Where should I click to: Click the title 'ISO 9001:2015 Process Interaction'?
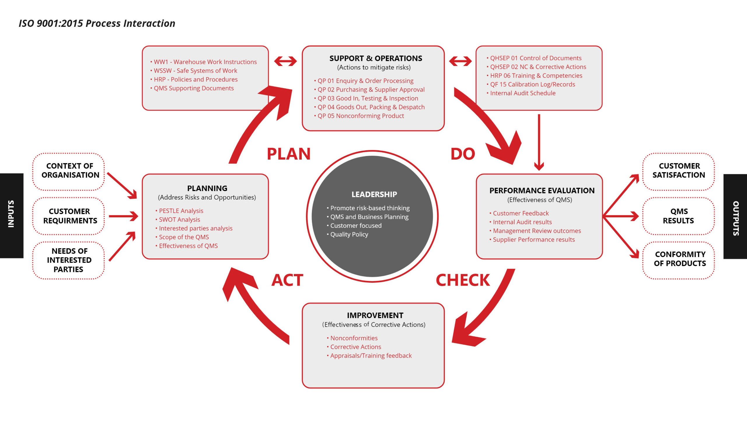[x=97, y=23]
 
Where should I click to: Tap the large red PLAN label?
[x=289, y=154]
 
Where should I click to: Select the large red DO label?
[x=462, y=154]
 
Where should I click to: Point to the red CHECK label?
[x=462, y=280]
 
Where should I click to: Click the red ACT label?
[x=287, y=280]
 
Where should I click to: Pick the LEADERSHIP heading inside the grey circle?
[x=374, y=194]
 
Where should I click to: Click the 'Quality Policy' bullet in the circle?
[x=349, y=234]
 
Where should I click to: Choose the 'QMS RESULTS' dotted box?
[x=678, y=216]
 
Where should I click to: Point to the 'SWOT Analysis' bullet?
[x=179, y=219]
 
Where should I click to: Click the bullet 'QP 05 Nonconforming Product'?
[x=361, y=116]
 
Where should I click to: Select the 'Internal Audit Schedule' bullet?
[x=523, y=93]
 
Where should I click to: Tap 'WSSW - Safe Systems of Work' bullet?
[x=195, y=71]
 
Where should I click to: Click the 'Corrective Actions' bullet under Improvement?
[x=355, y=347]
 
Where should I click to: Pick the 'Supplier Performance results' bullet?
[x=534, y=240]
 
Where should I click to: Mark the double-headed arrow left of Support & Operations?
[x=285, y=61]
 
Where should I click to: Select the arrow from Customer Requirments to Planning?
[x=123, y=216]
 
